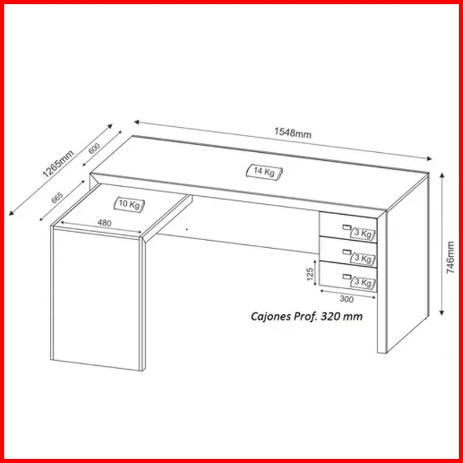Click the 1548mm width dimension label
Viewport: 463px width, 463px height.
coord(293,133)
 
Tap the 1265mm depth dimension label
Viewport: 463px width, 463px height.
coord(58,164)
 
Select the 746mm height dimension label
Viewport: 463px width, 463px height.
coord(450,257)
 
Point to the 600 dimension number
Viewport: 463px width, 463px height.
coord(94,148)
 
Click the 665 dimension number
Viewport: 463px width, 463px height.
coord(57,198)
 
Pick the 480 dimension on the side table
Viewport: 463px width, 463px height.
coord(104,223)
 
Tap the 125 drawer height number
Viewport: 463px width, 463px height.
coord(310,274)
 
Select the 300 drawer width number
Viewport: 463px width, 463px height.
coord(346,299)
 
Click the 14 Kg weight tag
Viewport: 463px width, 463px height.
coord(264,171)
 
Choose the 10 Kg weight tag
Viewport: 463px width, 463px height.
coord(130,204)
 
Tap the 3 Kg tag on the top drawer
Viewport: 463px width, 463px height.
coord(363,234)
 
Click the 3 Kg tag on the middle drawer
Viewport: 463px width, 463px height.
coord(363,258)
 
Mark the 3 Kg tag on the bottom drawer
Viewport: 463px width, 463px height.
coord(363,283)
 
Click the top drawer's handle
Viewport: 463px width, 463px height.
coord(346,227)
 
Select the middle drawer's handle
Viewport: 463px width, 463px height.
coord(346,252)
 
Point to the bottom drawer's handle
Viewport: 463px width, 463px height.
coord(346,277)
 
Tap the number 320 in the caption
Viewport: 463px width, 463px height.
coord(330,316)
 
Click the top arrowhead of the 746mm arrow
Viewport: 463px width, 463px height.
coord(442,176)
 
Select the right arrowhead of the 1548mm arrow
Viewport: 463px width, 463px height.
coord(429,159)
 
